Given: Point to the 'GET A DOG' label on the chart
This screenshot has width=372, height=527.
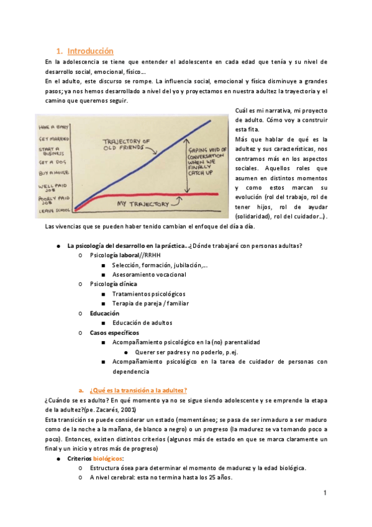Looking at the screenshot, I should pyautogui.click(x=51, y=162).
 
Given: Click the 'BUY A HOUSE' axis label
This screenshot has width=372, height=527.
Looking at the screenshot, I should pyautogui.click(x=52, y=172).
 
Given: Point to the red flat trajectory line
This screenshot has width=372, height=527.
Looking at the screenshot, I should pyautogui.click(x=155, y=195).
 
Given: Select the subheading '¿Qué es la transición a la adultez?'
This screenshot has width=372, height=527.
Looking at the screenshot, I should pyautogui.click(x=138, y=390).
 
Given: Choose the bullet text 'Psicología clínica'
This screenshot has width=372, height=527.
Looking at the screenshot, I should pyautogui.click(x=114, y=283).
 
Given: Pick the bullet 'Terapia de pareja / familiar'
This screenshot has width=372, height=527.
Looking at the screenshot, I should pyautogui.click(x=150, y=303).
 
